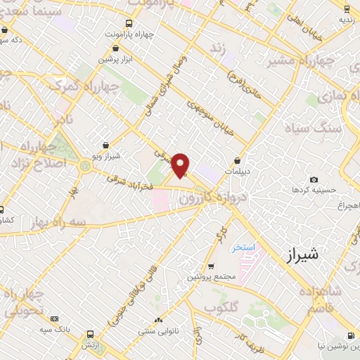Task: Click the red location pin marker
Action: (x=181, y=165)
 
